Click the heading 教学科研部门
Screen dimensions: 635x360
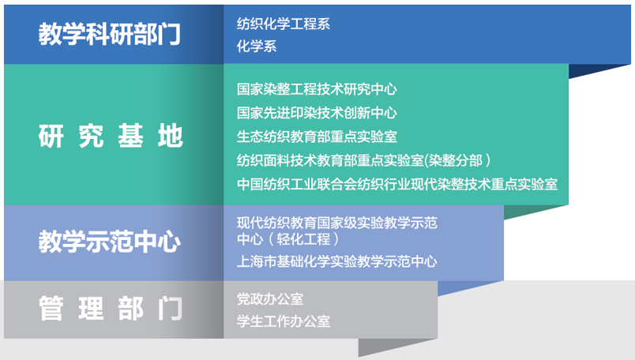click(109, 34)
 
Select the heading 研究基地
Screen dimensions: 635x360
click(111, 136)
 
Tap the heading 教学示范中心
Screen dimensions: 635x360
click(109, 242)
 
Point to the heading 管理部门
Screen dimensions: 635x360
click(111, 309)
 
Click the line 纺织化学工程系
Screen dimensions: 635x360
click(284, 24)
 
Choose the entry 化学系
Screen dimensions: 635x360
click(257, 46)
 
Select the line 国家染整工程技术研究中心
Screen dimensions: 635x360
click(317, 89)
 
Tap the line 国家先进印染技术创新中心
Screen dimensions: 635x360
click(317, 113)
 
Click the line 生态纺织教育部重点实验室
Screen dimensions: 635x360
click(317, 137)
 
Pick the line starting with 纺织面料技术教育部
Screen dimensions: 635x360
click(363, 161)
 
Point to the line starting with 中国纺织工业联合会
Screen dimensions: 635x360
click(397, 185)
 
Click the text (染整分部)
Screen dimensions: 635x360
click(457, 161)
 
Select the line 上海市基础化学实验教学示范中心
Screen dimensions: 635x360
click(337, 261)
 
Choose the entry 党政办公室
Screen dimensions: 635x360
click(270, 299)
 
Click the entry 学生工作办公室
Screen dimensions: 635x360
click(284, 321)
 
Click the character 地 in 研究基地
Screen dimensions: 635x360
click(171, 136)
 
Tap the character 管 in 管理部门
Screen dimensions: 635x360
click(51, 309)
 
